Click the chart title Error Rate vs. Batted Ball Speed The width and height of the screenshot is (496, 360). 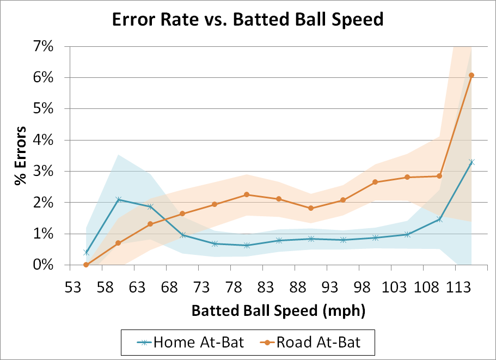click(x=248, y=20)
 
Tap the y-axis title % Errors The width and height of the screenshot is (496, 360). click(x=20, y=156)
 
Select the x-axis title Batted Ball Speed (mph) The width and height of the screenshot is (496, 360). click(x=278, y=311)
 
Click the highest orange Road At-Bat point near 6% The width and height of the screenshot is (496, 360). click(x=471, y=75)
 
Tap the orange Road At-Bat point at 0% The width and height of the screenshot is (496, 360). click(x=86, y=265)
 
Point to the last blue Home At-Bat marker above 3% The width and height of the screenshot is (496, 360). click(x=471, y=162)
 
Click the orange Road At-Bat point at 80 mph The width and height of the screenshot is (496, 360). click(x=247, y=194)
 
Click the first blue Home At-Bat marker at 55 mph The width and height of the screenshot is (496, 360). click(x=86, y=252)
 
